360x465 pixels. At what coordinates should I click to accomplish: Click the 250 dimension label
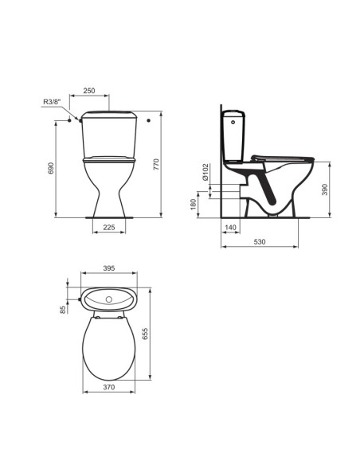tap(89, 91)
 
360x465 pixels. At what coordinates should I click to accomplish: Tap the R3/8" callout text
tap(52, 101)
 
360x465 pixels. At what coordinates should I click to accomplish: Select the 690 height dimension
tap(51, 168)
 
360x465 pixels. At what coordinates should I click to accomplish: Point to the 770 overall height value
tap(156, 164)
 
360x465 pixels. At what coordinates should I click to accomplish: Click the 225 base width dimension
tap(109, 227)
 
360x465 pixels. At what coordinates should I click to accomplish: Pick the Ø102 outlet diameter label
tap(205, 173)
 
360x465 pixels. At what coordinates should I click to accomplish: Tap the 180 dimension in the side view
tap(193, 205)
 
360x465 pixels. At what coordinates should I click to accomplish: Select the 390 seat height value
tap(325, 190)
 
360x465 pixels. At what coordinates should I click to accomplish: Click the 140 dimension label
tap(230, 228)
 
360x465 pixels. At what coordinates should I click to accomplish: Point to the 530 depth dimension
tap(260, 242)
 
